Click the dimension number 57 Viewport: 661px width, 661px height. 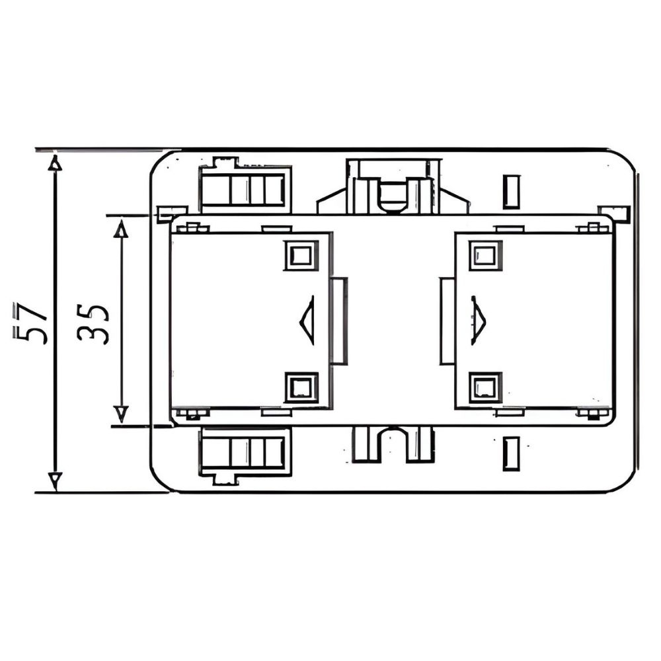pyautogui.click(x=30, y=323)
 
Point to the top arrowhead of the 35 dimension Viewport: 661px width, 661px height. pyautogui.click(x=121, y=229)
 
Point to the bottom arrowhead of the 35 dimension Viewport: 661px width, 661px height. pyautogui.click(x=121, y=414)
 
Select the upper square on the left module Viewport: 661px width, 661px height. pyautogui.click(x=301, y=255)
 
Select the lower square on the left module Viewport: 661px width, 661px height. pyautogui.click(x=301, y=387)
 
